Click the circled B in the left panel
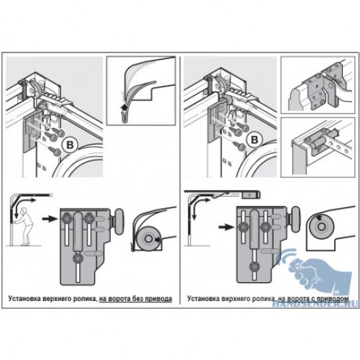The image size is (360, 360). click(70, 145)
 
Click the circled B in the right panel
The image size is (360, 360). click(254, 140)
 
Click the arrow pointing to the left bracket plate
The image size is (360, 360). click(50, 219)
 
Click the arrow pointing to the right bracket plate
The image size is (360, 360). click(226, 227)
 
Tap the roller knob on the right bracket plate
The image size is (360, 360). click(296, 219)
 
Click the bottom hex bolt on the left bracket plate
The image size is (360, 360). click(78, 258)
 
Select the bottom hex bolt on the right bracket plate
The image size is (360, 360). click(254, 266)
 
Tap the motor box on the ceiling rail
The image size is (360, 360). click(251, 194)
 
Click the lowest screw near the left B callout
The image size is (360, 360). click(55, 151)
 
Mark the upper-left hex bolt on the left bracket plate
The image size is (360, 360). click(66, 218)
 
